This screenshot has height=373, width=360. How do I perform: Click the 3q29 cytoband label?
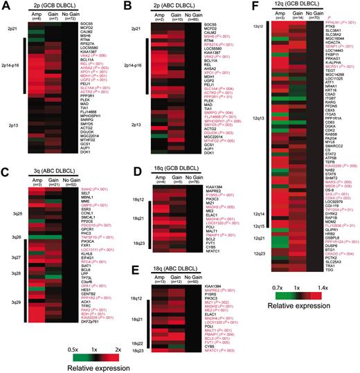[15, 302]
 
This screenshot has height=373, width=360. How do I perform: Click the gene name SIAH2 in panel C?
[90, 189]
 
